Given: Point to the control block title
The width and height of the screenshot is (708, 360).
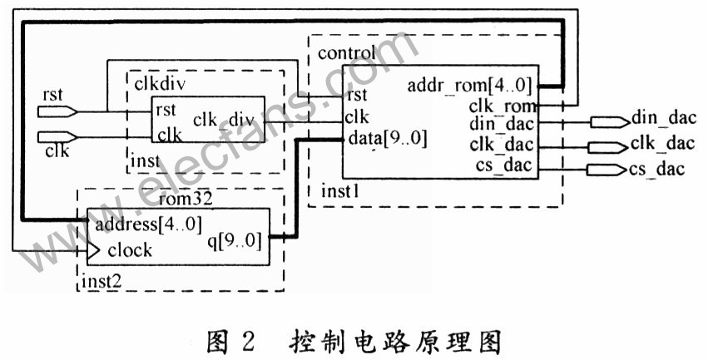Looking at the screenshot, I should [x=345, y=55].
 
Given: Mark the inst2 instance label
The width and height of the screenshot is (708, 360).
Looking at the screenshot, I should [x=101, y=281].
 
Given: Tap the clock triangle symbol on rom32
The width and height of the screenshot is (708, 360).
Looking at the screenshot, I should [x=94, y=249].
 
